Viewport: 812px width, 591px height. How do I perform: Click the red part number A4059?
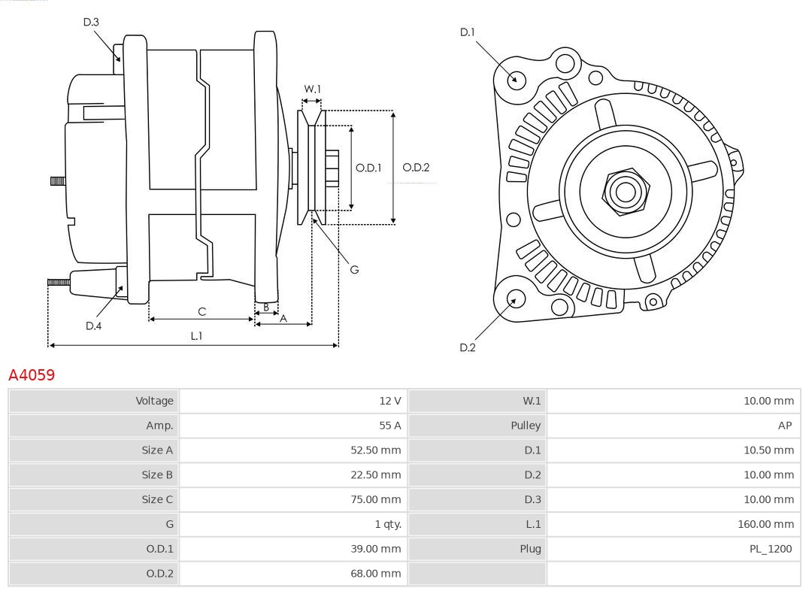(x=32, y=374)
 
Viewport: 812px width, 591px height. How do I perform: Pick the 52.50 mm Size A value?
(x=377, y=450)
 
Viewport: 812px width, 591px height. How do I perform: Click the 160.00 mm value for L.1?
(x=765, y=524)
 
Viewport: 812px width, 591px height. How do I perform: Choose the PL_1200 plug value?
(x=770, y=549)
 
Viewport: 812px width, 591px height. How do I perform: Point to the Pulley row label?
(x=526, y=426)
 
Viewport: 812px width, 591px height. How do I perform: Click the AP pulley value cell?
(x=784, y=426)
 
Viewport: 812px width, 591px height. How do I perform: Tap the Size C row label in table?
(x=157, y=499)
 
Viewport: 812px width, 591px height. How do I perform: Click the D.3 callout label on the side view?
(x=91, y=23)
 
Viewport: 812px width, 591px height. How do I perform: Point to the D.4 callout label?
(x=93, y=326)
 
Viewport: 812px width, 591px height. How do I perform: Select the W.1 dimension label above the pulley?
(x=312, y=89)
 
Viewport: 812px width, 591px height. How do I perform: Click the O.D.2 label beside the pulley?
(x=416, y=168)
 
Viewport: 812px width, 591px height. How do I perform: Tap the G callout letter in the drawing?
(x=354, y=269)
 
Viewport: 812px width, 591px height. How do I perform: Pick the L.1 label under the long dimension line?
(x=196, y=336)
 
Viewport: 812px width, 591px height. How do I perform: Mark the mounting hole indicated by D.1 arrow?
(x=516, y=78)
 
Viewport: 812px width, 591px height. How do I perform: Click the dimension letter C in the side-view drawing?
(x=201, y=311)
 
